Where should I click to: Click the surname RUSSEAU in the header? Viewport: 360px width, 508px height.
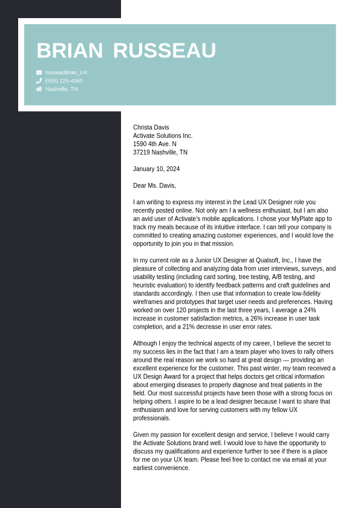pyautogui.click(x=164, y=51)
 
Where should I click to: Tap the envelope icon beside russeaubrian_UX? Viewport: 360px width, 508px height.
pyautogui.click(x=39, y=72)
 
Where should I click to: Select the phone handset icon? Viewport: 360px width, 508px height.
pyautogui.click(x=39, y=81)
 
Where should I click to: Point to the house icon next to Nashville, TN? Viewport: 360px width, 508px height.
pyautogui.click(x=39, y=89)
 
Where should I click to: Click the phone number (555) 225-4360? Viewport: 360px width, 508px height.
pyautogui.click(x=64, y=81)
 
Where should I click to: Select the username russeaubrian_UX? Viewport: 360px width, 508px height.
pyautogui.click(x=66, y=72)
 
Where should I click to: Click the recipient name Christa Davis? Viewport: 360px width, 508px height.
pyautogui.click(x=151, y=127)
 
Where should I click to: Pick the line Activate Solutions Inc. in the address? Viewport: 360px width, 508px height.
pyautogui.click(x=163, y=136)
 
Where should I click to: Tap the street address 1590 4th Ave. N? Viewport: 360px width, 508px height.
pyautogui.click(x=155, y=144)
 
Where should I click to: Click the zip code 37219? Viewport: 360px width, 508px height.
pyautogui.click(x=141, y=153)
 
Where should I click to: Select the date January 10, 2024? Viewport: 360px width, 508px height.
pyautogui.click(x=156, y=169)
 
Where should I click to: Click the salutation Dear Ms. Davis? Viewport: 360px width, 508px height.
pyautogui.click(x=154, y=185)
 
